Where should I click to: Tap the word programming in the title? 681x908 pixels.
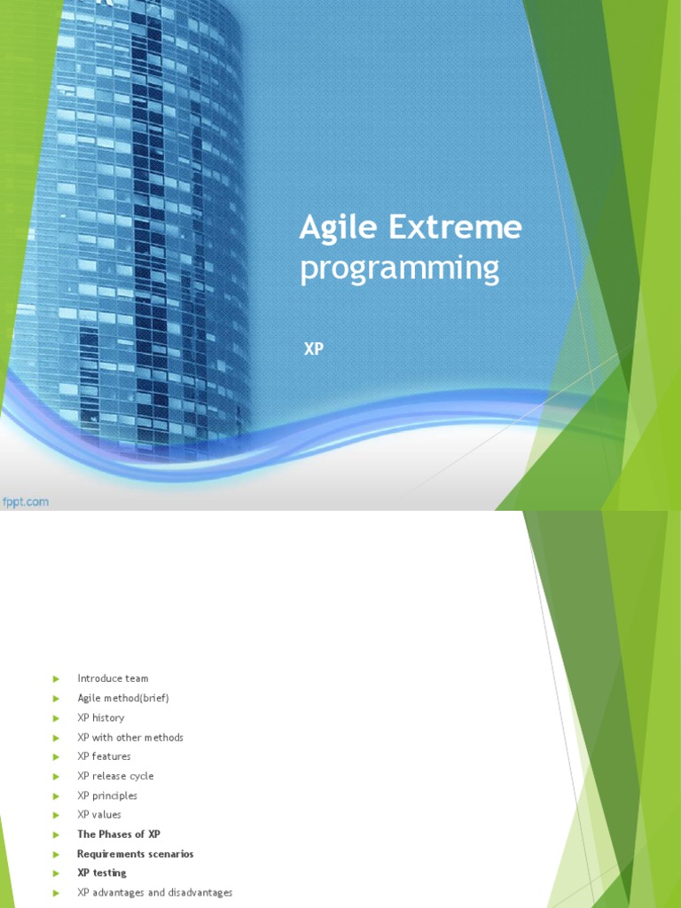[399, 269]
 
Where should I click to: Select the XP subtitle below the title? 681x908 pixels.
[314, 349]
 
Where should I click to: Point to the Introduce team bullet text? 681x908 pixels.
[113, 678]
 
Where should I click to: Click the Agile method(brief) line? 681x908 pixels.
[122, 698]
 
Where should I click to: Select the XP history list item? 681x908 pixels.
[100, 717]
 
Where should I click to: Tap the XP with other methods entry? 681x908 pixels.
[130, 737]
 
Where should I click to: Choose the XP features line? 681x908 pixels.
[104, 756]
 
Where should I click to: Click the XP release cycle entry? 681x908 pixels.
[115, 776]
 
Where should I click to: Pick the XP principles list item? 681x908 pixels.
[107, 795]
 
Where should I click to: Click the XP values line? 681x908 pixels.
[99, 814]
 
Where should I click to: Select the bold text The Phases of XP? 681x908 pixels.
[119, 834]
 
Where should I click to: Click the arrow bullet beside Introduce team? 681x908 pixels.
[56, 678]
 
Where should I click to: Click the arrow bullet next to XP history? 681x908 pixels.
[56, 717]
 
